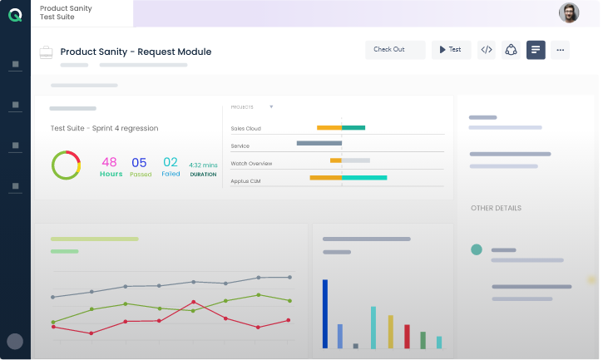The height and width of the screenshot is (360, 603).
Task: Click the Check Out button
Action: click(x=395, y=50)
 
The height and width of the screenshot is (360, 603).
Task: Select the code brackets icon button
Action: click(x=487, y=50)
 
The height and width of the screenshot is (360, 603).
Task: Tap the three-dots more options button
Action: click(x=560, y=50)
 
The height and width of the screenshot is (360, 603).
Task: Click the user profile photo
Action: click(x=569, y=13)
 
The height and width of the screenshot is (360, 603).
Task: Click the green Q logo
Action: click(x=15, y=15)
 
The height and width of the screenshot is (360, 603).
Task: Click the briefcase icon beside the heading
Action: click(x=46, y=52)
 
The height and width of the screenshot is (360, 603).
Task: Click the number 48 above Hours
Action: click(x=109, y=162)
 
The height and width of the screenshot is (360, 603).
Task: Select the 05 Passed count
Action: click(x=139, y=163)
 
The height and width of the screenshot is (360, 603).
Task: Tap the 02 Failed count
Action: click(x=171, y=162)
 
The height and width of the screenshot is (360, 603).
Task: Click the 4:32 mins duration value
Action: click(x=203, y=165)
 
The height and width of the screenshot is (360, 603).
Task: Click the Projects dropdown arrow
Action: click(x=271, y=107)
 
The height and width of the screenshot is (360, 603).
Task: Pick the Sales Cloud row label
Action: click(x=245, y=129)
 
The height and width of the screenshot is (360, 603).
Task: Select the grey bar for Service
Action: click(x=319, y=143)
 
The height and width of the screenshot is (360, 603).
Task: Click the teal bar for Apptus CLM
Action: click(x=364, y=178)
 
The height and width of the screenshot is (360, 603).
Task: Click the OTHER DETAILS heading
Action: click(x=496, y=208)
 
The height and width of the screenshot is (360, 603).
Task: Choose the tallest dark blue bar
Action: click(x=325, y=313)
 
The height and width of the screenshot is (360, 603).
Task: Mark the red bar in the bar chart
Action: click(x=407, y=337)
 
